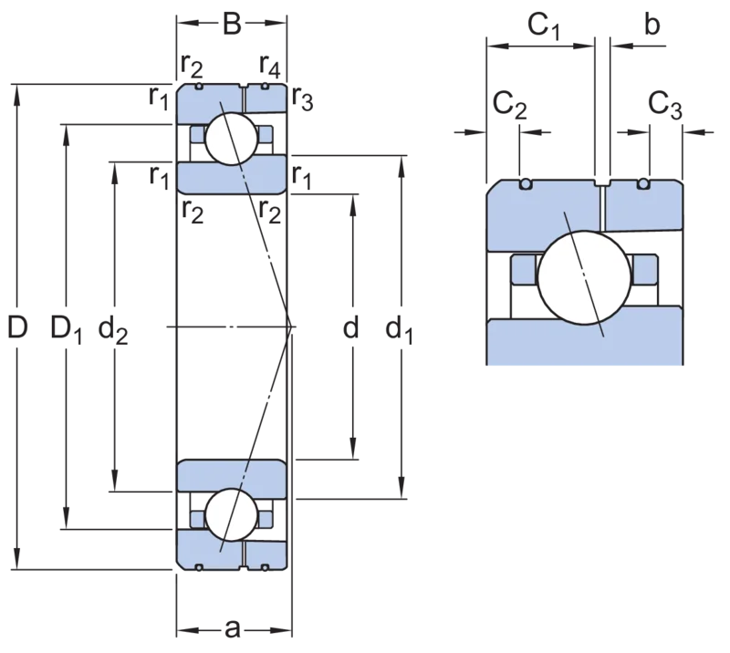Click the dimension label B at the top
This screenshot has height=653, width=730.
click(232, 24)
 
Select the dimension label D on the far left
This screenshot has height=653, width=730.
click(17, 326)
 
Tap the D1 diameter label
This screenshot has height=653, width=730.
click(66, 328)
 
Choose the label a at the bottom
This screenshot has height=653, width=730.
click(233, 629)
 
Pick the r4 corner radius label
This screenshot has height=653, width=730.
click(270, 65)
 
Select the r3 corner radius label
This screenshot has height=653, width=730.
click(303, 98)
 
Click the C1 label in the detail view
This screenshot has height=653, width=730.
click(543, 26)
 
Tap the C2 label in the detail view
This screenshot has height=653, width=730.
click(509, 105)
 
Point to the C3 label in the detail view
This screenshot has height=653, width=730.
click(665, 105)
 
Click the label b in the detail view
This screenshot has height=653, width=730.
click(652, 25)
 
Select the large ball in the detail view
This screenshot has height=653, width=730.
click(584, 277)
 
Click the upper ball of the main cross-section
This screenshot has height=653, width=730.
click(232, 139)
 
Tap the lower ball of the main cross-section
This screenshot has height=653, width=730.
click(232, 514)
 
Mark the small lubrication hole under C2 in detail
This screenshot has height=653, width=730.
click(526, 184)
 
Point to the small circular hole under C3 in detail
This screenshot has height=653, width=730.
click(643, 184)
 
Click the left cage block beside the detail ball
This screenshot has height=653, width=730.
click(524, 269)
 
